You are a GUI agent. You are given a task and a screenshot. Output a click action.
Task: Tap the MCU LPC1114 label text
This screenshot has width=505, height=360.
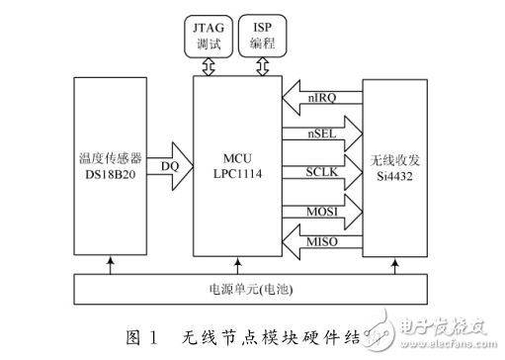tap(234, 161)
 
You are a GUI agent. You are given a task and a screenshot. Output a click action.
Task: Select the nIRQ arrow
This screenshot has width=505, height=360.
tap(320, 96)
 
